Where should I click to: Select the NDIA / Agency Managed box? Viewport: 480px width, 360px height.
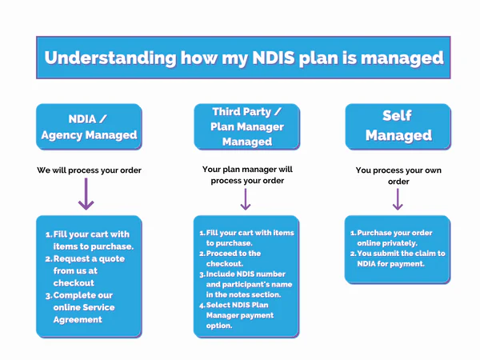click(x=89, y=126)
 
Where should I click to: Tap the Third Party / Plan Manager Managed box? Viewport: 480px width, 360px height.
click(x=246, y=126)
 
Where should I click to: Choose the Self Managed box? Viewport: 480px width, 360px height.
click(x=398, y=126)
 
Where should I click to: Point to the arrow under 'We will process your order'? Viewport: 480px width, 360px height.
click(x=86, y=194)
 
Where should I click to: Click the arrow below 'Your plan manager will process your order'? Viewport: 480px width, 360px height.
click(x=246, y=199)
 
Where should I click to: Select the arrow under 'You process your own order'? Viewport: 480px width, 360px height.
click(x=398, y=198)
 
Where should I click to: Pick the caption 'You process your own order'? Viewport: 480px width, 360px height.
click(x=398, y=176)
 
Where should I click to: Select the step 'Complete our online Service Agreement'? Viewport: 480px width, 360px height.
click(x=88, y=307)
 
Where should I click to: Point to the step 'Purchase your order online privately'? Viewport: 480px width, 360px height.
click(x=395, y=238)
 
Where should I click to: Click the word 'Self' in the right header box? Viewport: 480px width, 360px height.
click(x=398, y=116)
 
